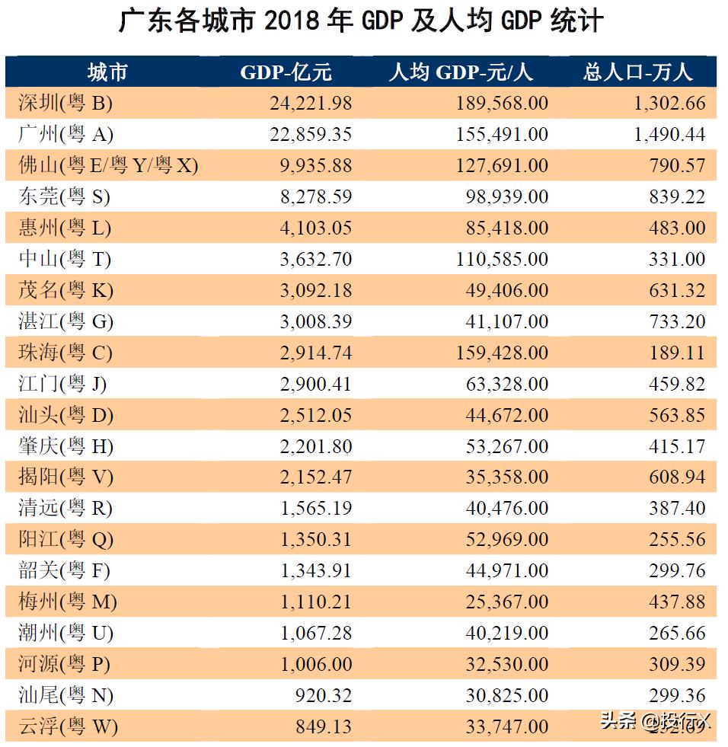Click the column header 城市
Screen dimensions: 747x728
(107, 72)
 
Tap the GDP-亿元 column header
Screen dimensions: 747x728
(286, 72)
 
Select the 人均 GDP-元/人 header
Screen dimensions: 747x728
(461, 72)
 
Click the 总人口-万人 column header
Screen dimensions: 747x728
(638, 72)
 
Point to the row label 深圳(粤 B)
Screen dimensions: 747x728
(65, 103)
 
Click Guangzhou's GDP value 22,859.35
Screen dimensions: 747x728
(310, 134)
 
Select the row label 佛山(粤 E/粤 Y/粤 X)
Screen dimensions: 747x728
(108, 165)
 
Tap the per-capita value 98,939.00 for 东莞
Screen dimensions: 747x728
(506, 196)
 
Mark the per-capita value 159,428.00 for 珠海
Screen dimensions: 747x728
(501, 353)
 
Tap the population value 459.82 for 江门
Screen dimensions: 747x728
(677, 384)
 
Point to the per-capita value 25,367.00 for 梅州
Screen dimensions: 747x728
(506, 602)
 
